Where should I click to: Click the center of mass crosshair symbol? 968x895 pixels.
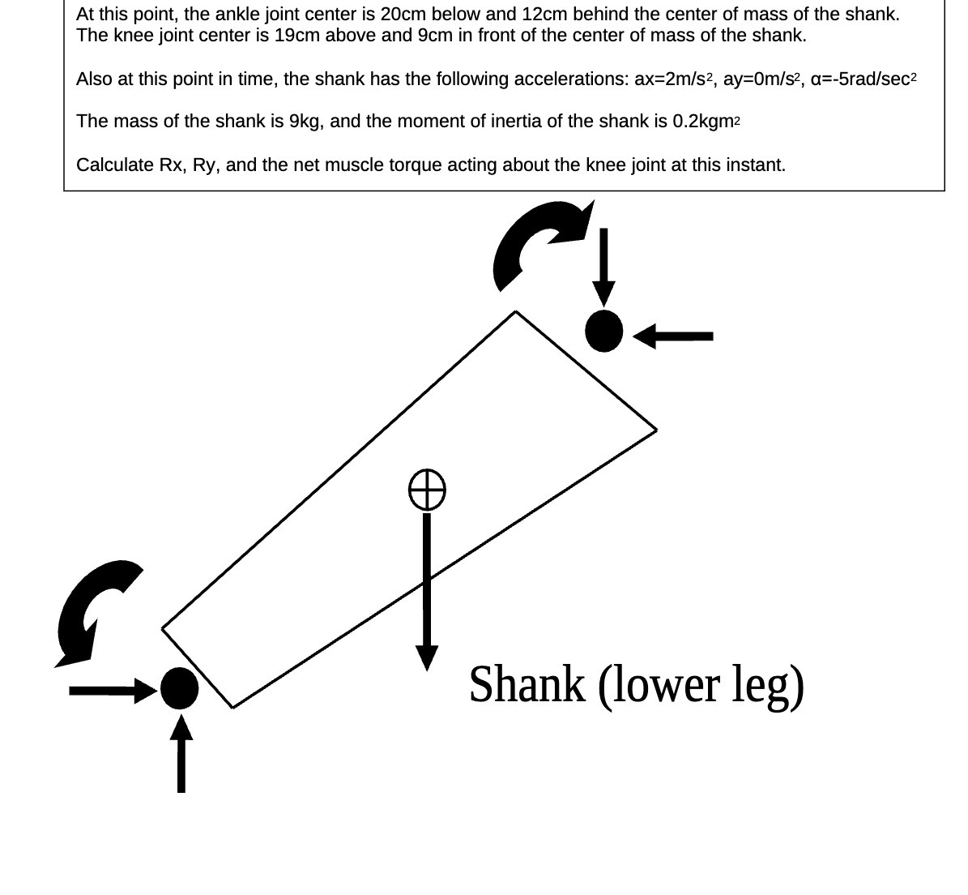(x=426, y=490)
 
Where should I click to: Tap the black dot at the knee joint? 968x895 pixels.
(x=603, y=331)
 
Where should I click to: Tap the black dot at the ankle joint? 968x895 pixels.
(x=179, y=688)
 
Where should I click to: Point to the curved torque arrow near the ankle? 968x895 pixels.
(x=93, y=608)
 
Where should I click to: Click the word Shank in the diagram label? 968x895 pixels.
(x=527, y=685)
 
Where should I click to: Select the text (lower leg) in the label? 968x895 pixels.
(x=701, y=685)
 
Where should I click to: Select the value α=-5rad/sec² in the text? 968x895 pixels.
(x=863, y=79)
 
